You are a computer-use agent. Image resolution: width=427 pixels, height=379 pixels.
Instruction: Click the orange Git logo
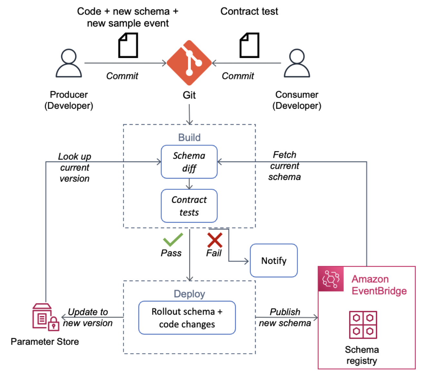(x=189, y=63)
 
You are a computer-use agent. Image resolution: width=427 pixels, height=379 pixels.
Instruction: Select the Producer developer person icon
(x=69, y=63)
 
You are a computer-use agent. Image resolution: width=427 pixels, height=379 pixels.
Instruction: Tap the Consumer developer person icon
(x=297, y=63)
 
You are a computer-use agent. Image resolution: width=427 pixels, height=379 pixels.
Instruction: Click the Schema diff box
(x=189, y=162)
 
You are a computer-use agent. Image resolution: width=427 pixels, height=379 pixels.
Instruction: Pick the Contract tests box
(x=189, y=206)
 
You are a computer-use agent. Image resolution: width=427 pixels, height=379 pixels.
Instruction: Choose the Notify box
(x=274, y=261)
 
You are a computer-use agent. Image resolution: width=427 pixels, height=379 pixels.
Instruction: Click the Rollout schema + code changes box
(x=187, y=318)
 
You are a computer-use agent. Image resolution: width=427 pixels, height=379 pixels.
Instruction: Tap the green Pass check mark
(x=173, y=240)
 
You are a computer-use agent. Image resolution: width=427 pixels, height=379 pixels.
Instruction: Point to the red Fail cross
(x=215, y=240)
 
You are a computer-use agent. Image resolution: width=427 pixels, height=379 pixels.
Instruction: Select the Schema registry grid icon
(x=363, y=325)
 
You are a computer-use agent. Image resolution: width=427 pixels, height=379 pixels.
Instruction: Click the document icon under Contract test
(x=250, y=45)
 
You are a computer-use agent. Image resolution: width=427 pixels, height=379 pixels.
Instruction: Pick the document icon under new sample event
(x=128, y=45)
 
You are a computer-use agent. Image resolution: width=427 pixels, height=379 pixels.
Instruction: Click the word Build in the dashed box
(x=189, y=137)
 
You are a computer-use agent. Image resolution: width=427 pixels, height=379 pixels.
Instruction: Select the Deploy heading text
(x=189, y=294)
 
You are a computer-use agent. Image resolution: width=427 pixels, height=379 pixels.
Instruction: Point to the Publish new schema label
(x=285, y=318)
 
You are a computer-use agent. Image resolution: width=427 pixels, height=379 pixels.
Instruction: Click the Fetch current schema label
(x=285, y=166)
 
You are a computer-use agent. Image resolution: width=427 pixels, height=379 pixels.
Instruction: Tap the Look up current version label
(x=75, y=167)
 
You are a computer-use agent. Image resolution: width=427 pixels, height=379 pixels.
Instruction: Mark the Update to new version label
(x=88, y=317)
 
